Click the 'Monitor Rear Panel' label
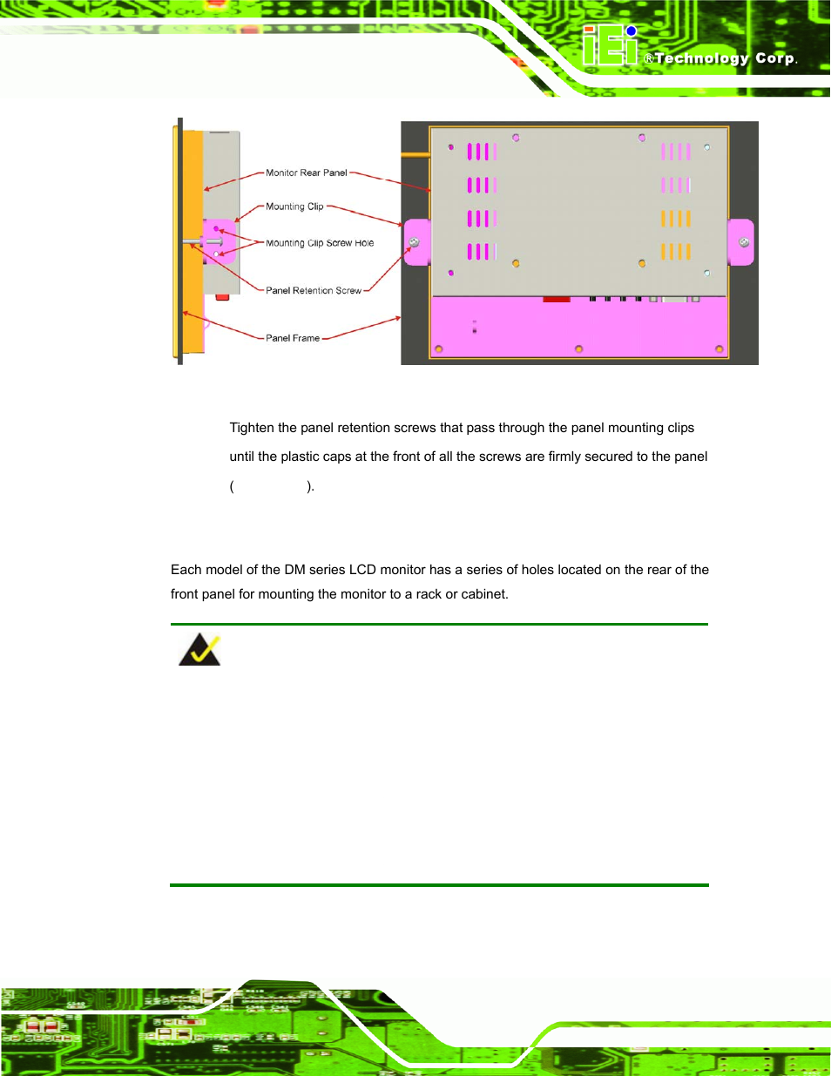[307, 173]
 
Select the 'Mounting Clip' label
[294, 206]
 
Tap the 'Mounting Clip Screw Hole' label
[320, 243]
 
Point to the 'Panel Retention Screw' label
[313, 290]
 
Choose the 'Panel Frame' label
[293, 338]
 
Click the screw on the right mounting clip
[744, 242]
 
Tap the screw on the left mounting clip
[415, 242]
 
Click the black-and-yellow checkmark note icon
[199, 650]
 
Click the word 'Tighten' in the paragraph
[252, 428]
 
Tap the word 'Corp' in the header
[774, 58]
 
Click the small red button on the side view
[222, 297]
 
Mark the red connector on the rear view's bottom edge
[556, 299]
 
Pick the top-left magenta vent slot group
[482, 152]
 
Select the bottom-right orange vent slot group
[675, 252]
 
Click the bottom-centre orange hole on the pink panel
[579, 349]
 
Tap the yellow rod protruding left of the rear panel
[415, 155]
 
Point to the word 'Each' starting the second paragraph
[186, 570]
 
